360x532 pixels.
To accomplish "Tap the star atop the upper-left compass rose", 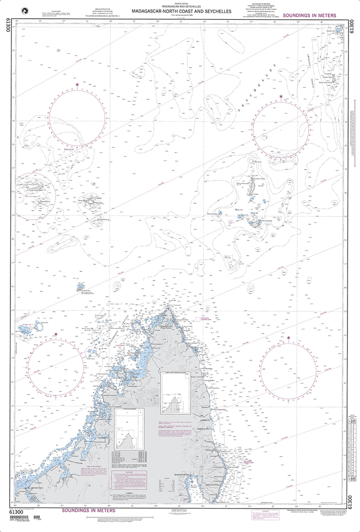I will [77, 84].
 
